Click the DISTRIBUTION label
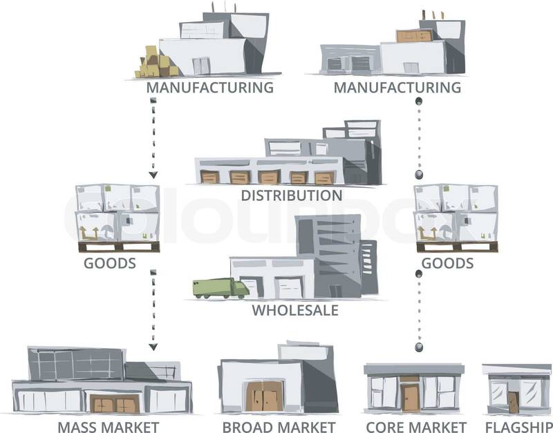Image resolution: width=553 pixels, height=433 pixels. (291, 195)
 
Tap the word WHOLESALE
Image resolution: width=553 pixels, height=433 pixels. (294, 310)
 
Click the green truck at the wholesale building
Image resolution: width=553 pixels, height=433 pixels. (220, 288)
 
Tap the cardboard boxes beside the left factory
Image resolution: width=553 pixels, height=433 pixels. (158, 64)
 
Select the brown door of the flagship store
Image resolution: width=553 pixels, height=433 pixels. (513, 402)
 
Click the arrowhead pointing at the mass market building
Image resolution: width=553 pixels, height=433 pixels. (153, 346)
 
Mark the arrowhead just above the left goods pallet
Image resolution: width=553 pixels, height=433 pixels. (153, 175)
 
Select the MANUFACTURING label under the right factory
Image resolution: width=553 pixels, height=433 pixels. (397, 88)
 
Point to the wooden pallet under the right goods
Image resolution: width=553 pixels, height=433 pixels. (456, 247)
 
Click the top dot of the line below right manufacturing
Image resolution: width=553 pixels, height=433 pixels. (418, 102)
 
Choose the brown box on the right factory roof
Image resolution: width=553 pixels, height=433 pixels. (414, 35)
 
